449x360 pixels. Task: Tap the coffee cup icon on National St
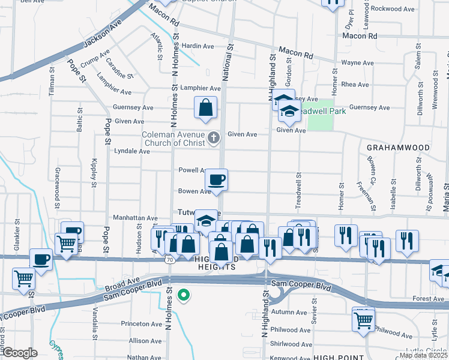tap(216, 179)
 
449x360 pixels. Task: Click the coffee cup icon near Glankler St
tap(41, 259)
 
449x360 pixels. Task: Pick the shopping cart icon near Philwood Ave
tap(363, 320)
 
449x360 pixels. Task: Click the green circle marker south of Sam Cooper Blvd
tap(185, 295)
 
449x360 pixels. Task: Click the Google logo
tap(20, 353)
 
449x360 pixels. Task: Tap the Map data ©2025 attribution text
tap(423, 355)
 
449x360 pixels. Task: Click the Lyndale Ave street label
tap(132, 151)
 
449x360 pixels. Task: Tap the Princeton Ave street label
tap(142, 323)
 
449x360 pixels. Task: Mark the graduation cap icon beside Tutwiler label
tap(206, 221)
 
